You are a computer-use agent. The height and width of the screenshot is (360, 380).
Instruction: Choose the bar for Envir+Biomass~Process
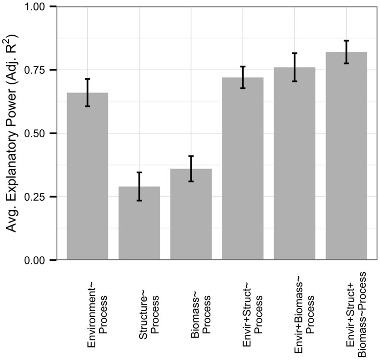click(x=294, y=164)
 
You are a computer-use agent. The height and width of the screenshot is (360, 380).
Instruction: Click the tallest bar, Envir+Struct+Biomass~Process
click(x=346, y=156)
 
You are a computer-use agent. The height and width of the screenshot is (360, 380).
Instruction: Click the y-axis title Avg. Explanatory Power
click(x=11, y=133)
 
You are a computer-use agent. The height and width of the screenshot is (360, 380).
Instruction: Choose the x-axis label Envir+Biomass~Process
click(x=305, y=312)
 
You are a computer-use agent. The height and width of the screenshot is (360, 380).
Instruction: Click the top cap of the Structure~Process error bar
click(x=139, y=173)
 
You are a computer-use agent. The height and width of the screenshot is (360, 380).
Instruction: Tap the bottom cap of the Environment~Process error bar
click(x=87, y=106)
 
